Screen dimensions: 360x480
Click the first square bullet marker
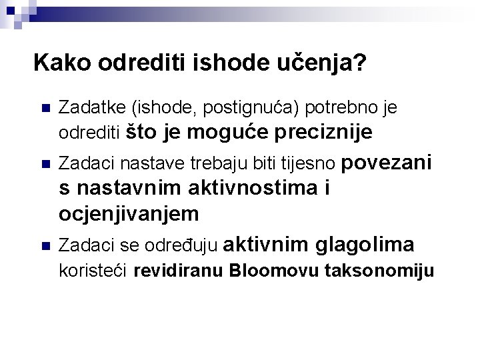(45, 109)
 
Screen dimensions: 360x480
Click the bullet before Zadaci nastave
(45, 163)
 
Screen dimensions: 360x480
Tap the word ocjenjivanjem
(129, 214)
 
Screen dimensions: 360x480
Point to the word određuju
(186, 246)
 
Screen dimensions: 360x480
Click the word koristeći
(94, 271)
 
